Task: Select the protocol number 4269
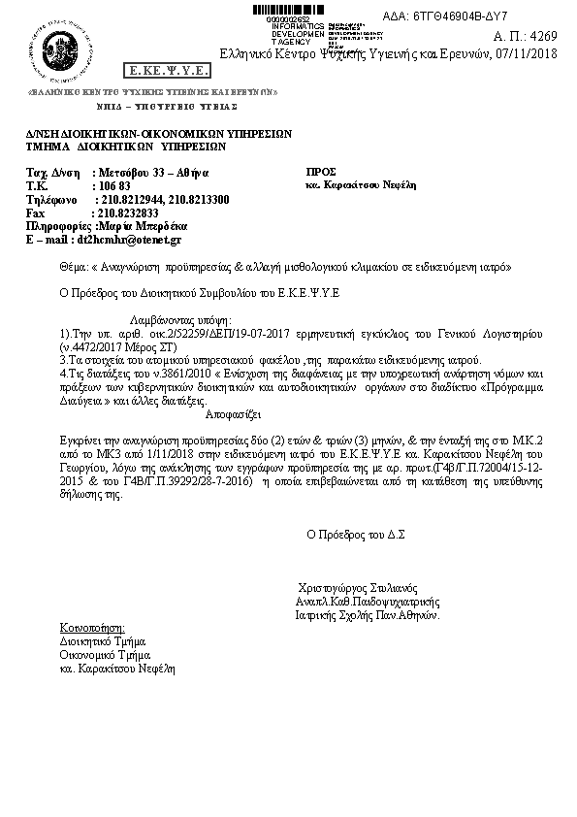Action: coord(544,36)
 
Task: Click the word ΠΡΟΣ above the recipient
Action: coord(321,171)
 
